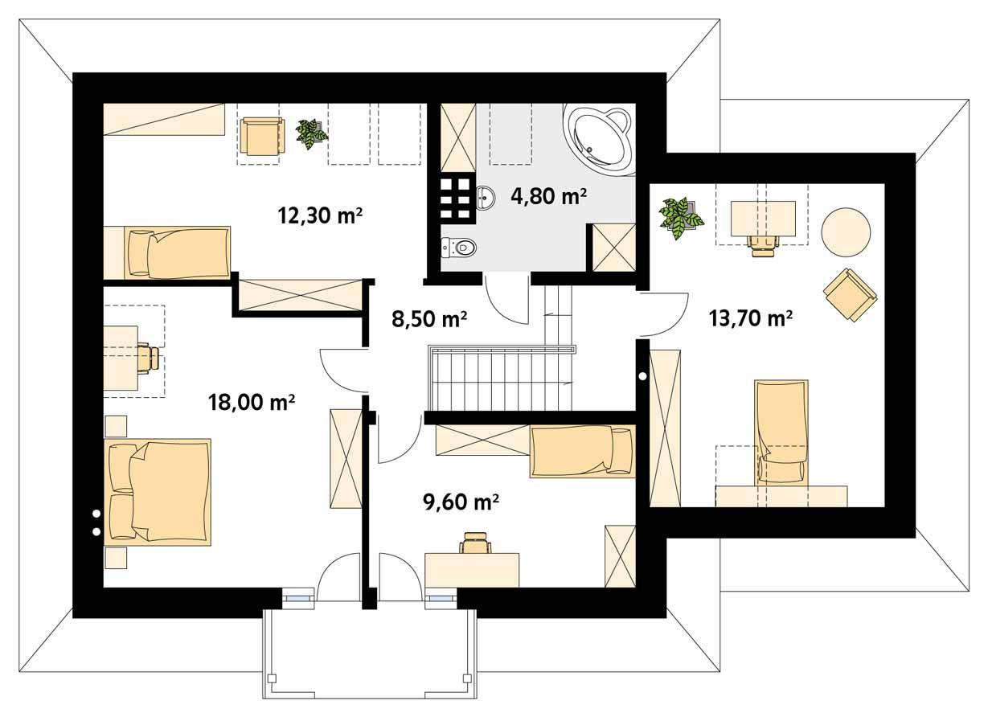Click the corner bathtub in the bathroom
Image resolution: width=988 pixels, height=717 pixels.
tap(598, 137)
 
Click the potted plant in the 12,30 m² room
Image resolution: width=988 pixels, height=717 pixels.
tap(310, 133)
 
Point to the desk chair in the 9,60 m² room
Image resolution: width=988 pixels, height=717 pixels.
tap(474, 543)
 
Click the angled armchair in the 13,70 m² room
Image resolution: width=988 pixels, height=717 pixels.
tap(850, 294)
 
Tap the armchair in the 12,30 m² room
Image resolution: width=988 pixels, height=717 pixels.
tap(261, 136)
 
